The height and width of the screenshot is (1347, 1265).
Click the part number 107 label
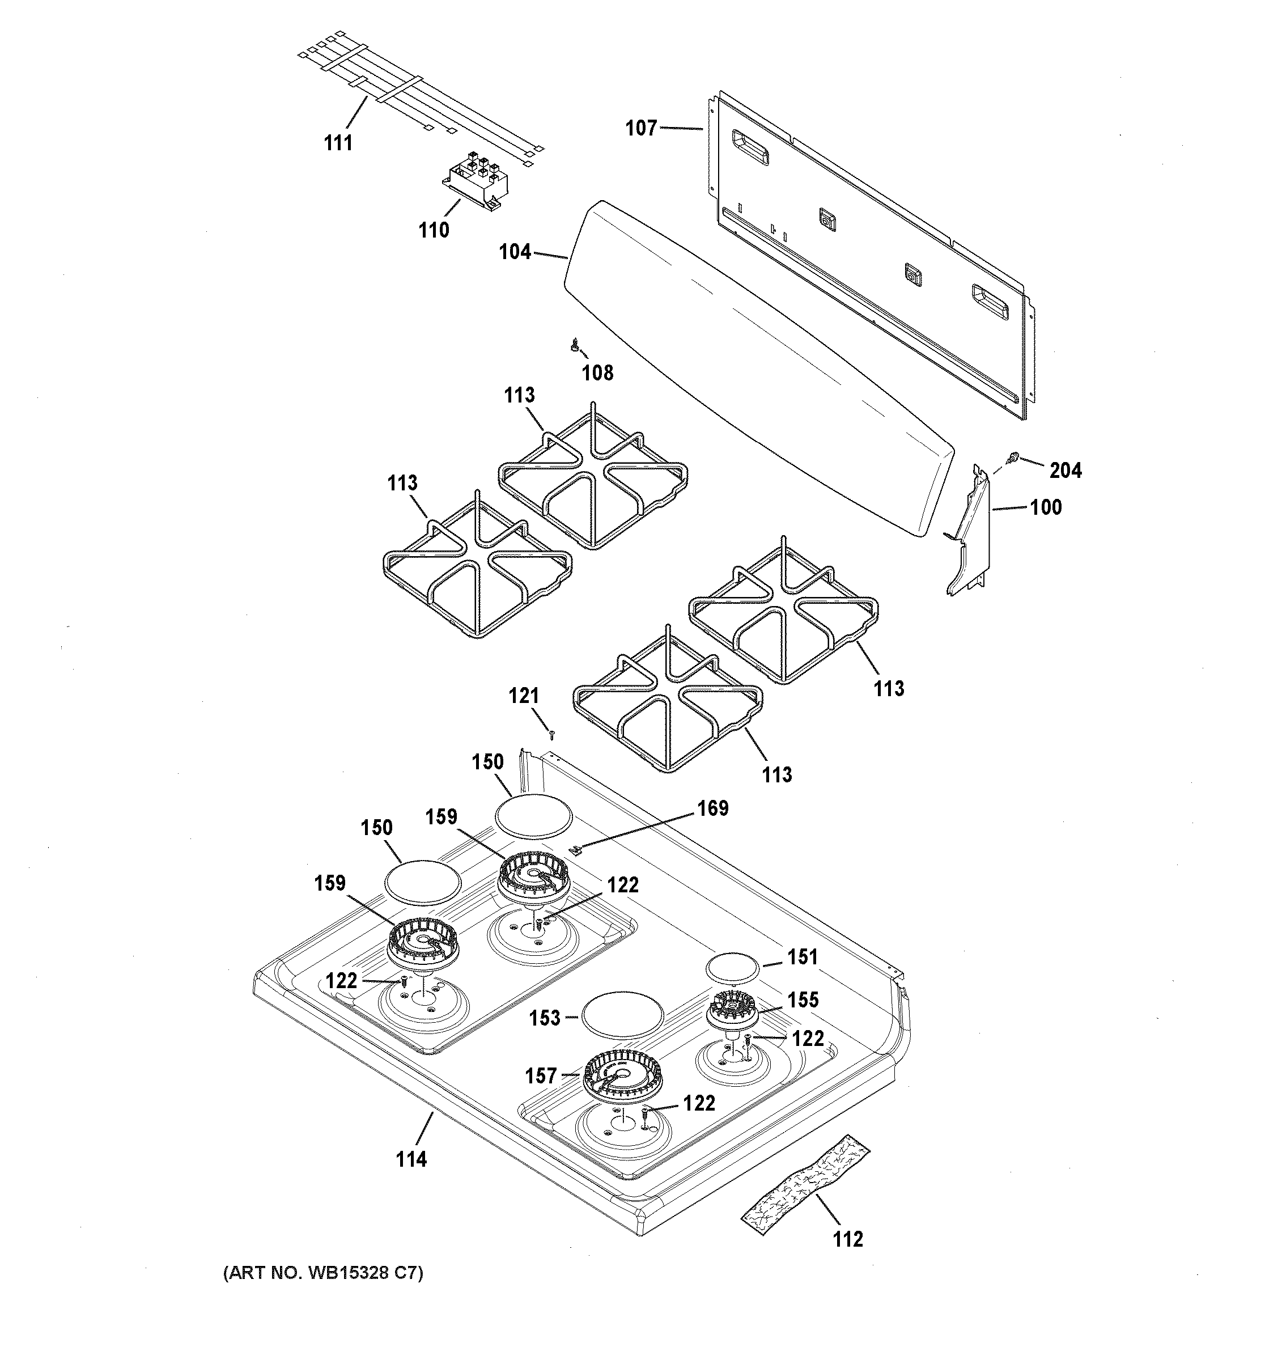tap(640, 128)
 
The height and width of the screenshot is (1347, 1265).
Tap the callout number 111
tap(338, 143)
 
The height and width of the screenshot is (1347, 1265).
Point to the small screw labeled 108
tap(575, 346)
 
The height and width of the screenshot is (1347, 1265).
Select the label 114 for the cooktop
tap(411, 1159)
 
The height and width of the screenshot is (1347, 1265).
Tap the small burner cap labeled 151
tap(732, 967)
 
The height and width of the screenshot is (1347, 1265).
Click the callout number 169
tap(712, 808)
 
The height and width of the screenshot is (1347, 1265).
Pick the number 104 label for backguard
tap(515, 252)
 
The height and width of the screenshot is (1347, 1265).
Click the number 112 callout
tap(848, 1239)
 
